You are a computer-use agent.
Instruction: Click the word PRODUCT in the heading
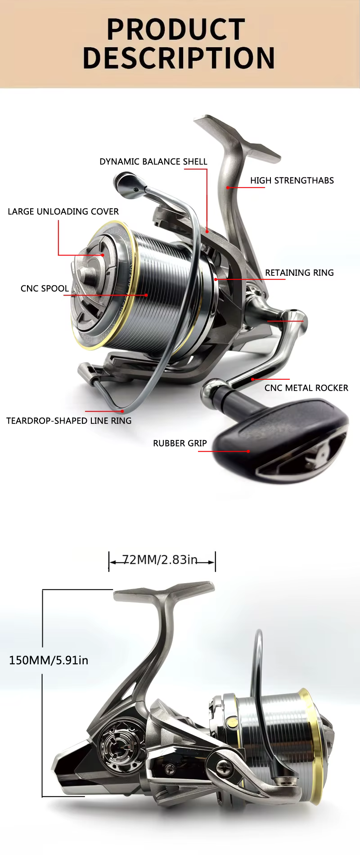coord(176,29)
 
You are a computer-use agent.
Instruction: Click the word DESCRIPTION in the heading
coord(179,58)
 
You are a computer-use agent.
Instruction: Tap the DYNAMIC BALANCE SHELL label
coord(153,162)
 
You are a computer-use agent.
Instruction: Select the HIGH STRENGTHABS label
coord(292,180)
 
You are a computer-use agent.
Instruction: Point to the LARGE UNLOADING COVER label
coord(63,211)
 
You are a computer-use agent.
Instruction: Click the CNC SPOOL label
coord(45,288)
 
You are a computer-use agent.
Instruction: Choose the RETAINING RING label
coord(299,273)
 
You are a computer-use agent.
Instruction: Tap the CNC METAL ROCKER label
coord(306,388)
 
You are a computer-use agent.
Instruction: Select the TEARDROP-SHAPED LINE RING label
coord(69,421)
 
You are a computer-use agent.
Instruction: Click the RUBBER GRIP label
coord(180,443)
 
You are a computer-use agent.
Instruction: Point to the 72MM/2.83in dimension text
coord(160,560)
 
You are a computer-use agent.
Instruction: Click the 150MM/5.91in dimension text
coord(49,660)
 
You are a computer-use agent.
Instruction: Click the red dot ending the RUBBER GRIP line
coord(248,451)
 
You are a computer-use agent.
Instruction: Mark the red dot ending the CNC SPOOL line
coord(147,295)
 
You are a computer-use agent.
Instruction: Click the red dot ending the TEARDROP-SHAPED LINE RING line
coord(122,411)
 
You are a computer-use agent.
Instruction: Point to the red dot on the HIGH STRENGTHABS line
coord(228,187)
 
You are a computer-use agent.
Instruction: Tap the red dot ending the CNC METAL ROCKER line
coord(253,379)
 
